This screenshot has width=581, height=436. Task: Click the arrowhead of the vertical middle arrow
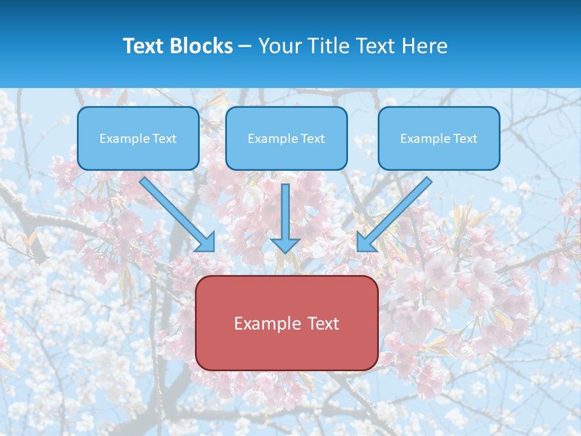click(285, 245)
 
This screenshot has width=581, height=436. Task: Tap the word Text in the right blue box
click(465, 139)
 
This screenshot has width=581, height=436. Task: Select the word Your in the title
click(278, 46)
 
